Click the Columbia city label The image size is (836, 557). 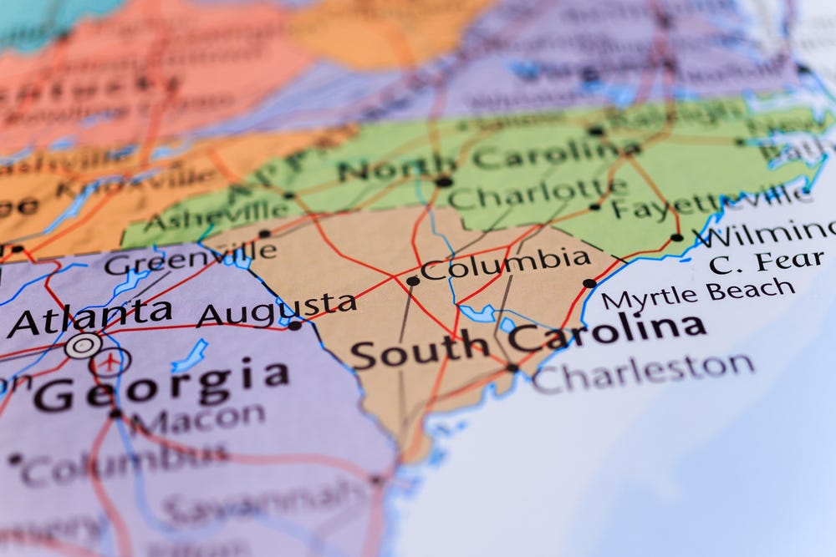[x=505, y=264]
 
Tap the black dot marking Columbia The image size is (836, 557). [x=412, y=281]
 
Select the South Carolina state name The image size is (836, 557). [x=527, y=339]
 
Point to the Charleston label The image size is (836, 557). [x=644, y=371]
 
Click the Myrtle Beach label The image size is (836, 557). [x=698, y=293]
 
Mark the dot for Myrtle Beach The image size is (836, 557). [x=589, y=283]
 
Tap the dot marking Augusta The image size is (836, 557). [x=294, y=326]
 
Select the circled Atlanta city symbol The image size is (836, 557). [x=83, y=345]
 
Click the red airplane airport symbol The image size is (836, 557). [x=111, y=362]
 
